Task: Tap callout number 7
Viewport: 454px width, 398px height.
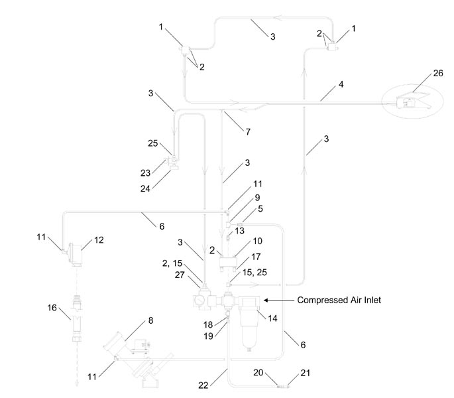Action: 249,131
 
